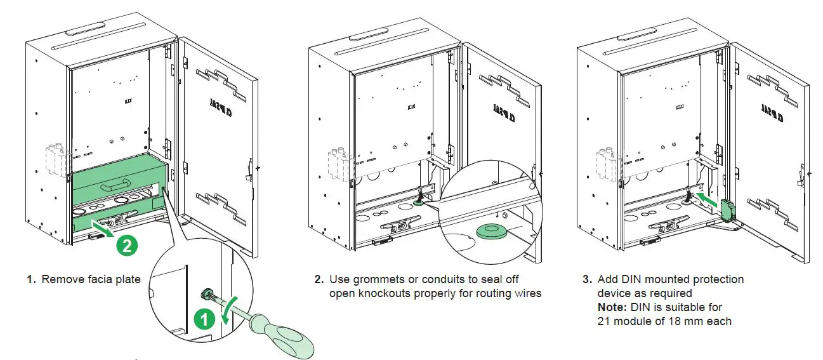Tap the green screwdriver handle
click(x=288, y=341)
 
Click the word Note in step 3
click(x=612, y=307)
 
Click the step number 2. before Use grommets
click(x=319, y=279)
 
